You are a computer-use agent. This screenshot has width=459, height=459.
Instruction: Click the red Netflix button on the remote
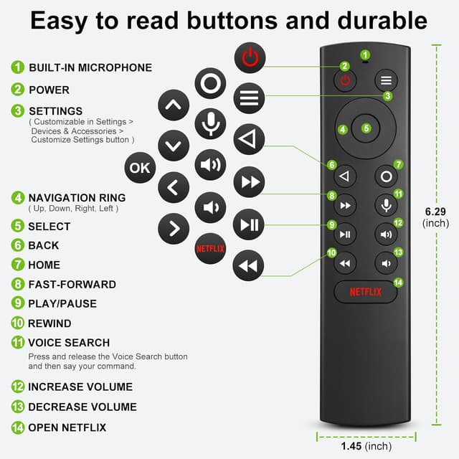(x=365, y=292)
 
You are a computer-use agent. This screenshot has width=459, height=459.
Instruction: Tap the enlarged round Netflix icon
(x=210, y=250)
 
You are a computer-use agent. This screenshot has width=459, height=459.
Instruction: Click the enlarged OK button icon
(x=140, y=167)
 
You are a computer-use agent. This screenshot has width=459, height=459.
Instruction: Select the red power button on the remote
(x=345, y=80)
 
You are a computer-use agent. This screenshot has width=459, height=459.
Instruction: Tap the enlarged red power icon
(x=250, y=57)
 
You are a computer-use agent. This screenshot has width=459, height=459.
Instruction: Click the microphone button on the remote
(x=386, y=205)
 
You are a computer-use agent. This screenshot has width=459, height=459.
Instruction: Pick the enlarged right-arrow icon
(x=173, y=229)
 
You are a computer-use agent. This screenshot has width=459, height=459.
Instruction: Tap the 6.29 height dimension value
(x=436, y=212)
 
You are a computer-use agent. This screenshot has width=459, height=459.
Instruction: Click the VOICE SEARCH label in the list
(x=69, y=343)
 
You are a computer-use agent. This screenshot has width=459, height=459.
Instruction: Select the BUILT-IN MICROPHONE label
(x=90, y=67)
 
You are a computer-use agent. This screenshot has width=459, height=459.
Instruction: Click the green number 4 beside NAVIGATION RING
(x=17, y=197)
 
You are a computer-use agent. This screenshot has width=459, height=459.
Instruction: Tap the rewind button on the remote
(x=345, y=264)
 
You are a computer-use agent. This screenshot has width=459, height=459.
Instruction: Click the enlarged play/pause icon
(x=250, y=225)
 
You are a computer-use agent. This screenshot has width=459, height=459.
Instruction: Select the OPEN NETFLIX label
(x=67, y=427)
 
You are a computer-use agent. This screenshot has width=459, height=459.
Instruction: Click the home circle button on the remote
(x=386, y=176)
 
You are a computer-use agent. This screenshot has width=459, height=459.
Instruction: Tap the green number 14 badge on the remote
(x=397, y=283)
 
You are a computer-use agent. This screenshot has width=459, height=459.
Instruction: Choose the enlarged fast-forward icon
(x=250, y=182)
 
